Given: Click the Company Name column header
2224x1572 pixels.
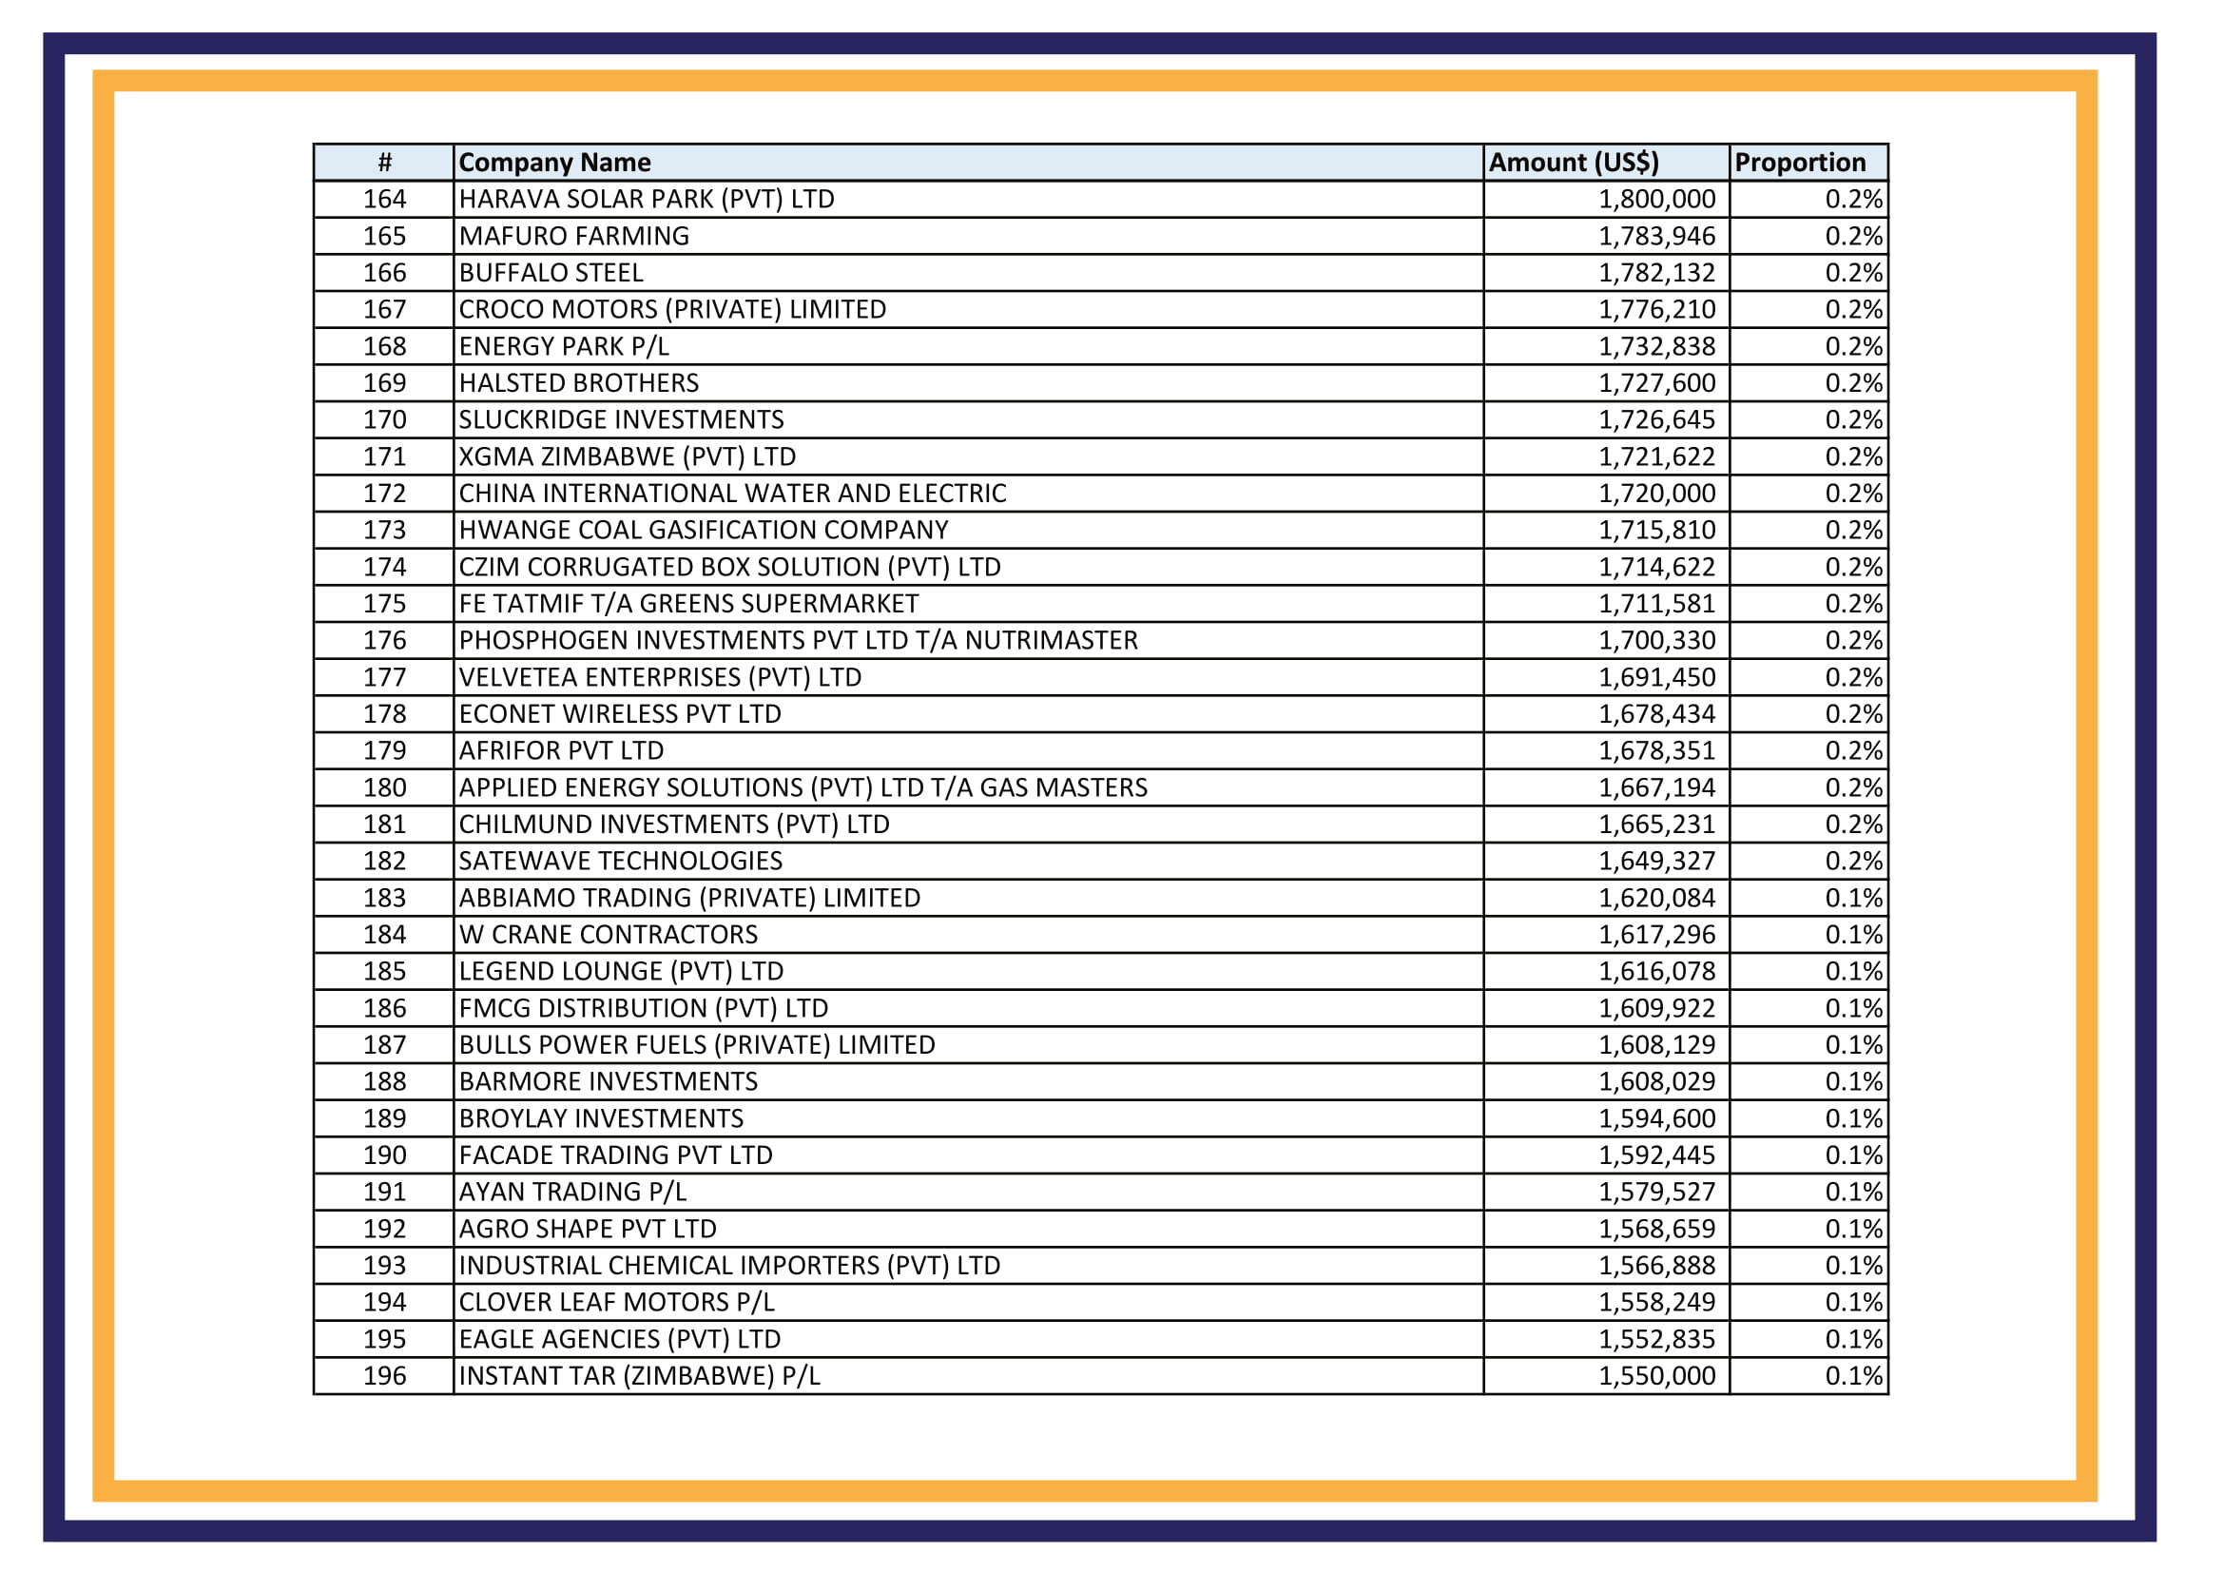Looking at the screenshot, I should (x=554, y=163).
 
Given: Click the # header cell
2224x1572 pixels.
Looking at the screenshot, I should (x=384, y=163).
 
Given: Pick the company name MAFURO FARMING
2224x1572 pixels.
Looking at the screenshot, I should (x=573, y=237).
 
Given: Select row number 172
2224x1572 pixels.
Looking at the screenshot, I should (x=384, y=494).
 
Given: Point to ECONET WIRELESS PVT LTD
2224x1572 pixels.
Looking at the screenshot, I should (x=620, y=715).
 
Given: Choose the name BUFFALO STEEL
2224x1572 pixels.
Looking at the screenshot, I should (x=551, y=273).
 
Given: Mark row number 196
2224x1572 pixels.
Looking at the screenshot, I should (x=384, y=1376).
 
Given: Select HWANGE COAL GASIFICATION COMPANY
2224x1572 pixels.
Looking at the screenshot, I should (x=704, y=531).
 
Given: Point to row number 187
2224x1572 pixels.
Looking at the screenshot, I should (x=384, y=1045).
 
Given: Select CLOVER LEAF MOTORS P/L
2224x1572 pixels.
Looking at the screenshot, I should (x=616, y=1303).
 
